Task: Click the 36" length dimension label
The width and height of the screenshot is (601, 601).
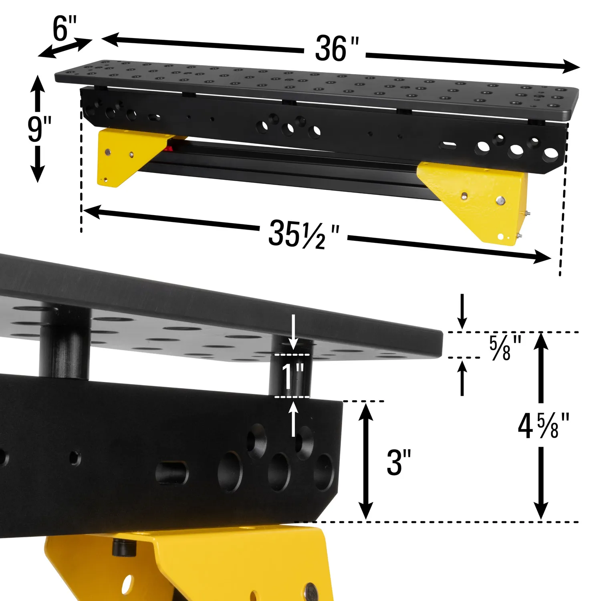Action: pyautogui.click(x=337, y=49)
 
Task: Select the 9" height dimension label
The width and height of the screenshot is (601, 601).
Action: pyautogui.click(x=39, y=129)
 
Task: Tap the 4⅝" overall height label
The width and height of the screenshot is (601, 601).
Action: pyautogui.click(x=543, y=426)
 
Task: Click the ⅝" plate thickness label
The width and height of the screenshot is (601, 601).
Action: pyautogui.click(x=506, y=347)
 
